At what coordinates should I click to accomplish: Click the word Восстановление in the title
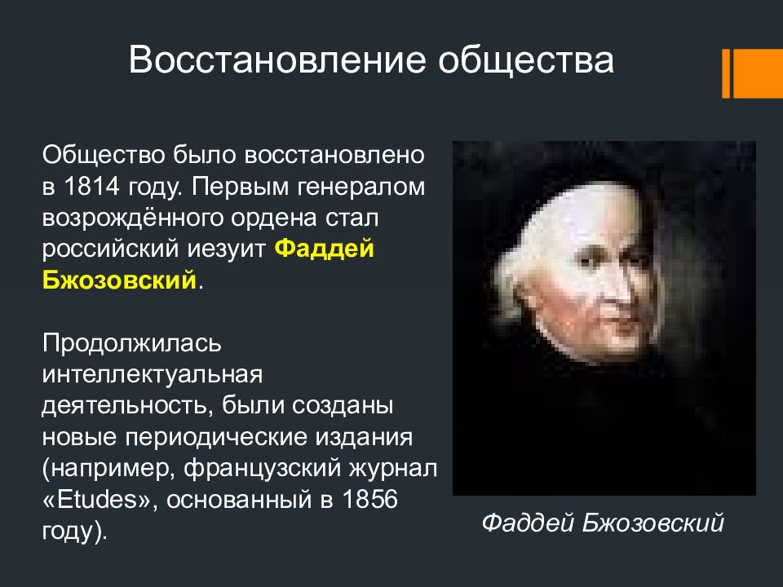277,60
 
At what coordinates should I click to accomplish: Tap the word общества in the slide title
526,61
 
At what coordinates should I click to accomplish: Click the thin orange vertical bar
726,73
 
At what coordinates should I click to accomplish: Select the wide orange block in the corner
758,73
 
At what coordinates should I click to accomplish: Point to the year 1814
92,187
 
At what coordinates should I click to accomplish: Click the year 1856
370,499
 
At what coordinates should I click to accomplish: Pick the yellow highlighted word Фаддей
324,248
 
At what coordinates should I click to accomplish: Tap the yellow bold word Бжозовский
119,280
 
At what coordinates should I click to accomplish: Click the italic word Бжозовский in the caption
652,523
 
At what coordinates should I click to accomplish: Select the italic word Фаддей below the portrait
528,523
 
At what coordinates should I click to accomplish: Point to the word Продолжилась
132,343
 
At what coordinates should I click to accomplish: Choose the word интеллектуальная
153,375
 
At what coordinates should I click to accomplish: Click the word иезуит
226,249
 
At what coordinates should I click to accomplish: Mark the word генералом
361,187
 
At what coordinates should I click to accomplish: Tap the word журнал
393,469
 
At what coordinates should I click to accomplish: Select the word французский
263,469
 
